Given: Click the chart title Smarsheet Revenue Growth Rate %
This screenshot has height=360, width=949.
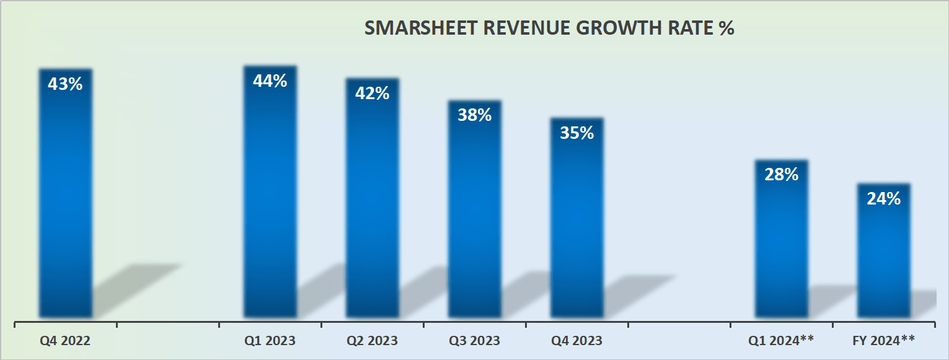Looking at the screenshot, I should click(549, 29).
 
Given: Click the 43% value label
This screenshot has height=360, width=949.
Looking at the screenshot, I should click(65, 84).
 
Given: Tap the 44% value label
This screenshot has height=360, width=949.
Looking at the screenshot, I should click(270, 81).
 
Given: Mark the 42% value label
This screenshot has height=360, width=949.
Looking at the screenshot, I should click(372, 94).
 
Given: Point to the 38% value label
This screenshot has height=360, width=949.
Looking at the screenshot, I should click(474, 115).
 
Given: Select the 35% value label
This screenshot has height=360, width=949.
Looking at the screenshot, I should click(576, 133).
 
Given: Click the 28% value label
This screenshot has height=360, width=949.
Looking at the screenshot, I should click(781, 175).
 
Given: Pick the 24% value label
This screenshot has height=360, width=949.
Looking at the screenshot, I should click(883, 198).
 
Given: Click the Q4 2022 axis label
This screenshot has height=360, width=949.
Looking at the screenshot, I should click(65, 341).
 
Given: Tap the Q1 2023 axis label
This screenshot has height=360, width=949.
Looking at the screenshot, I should click(270, 341).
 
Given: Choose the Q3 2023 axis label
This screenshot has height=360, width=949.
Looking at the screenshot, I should click(474, 341).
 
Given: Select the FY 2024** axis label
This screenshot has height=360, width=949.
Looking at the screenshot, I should click(883, 340).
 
